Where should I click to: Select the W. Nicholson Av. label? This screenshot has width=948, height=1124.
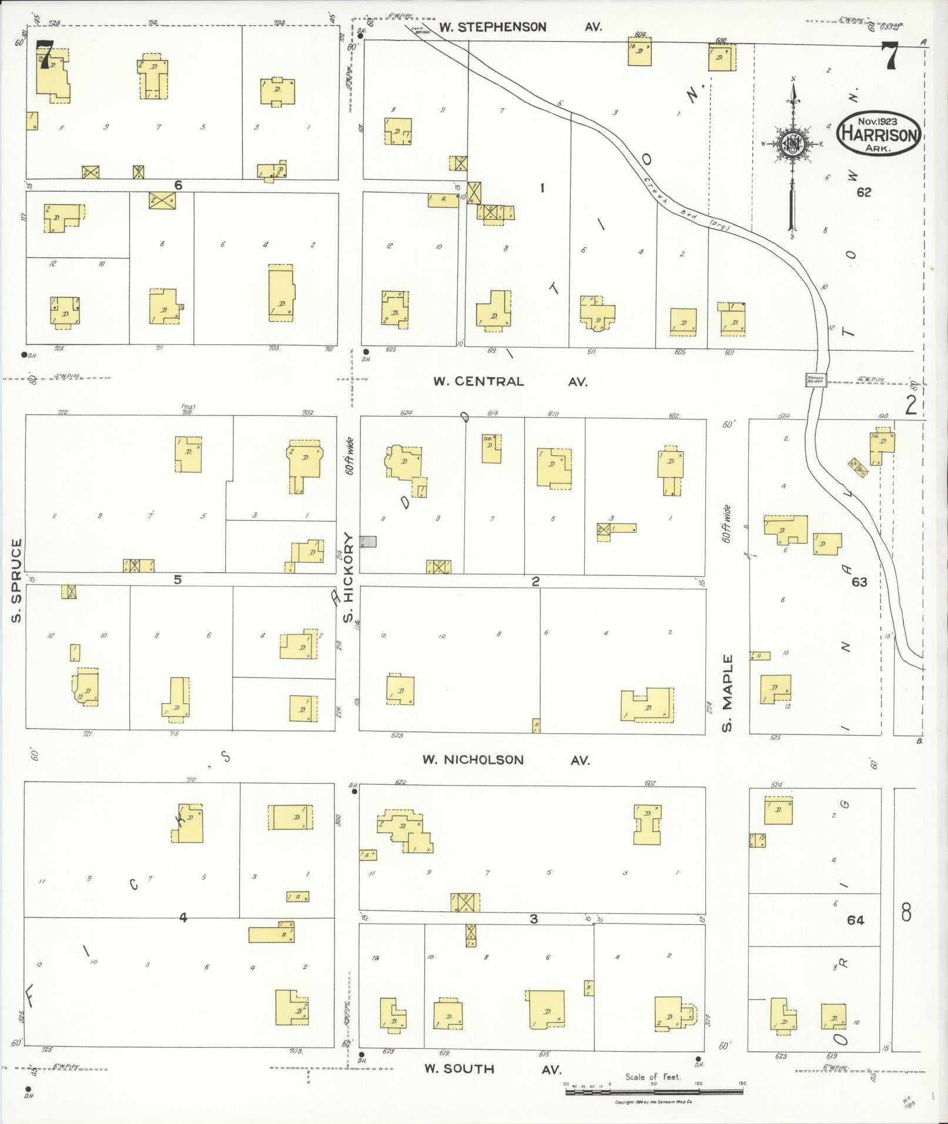coord(506,760)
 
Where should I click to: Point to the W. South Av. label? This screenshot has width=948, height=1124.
coord(494,1069)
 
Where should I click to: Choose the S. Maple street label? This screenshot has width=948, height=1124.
coord(728,693)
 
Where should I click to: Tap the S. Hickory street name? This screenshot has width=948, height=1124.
coord(349,577)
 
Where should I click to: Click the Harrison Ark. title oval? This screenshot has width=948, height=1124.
coord(878,135)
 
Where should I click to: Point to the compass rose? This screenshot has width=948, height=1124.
coord(793,144)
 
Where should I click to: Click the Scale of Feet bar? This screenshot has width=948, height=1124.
coord(654,1091)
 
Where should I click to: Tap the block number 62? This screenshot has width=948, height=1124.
coord(863,192)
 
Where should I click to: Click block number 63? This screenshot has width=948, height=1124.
coord(859,582)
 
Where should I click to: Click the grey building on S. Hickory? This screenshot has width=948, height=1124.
coord(368,542)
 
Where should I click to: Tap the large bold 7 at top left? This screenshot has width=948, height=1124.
coord(45,55)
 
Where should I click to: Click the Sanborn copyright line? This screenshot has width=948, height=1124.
coord(654,1102)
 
